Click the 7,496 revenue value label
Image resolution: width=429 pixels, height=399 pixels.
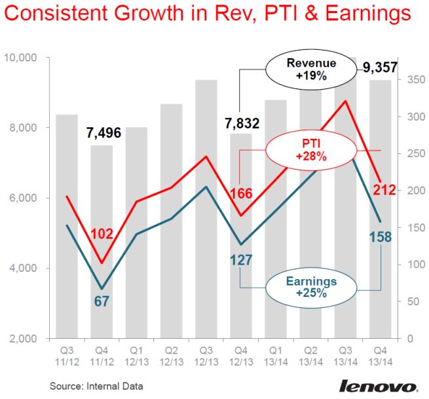pyautogui.click(x=103, y=134)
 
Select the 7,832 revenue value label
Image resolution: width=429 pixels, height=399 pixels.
pyautogui.click(x=242, y=123)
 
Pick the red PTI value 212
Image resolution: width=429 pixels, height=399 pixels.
pyautogui.click(x=382, y=190)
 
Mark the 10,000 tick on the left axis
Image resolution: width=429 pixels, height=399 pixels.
pyautogui.click(x=22, y=58)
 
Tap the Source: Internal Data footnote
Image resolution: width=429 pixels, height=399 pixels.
pyautogui.click(x=96, y=385)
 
